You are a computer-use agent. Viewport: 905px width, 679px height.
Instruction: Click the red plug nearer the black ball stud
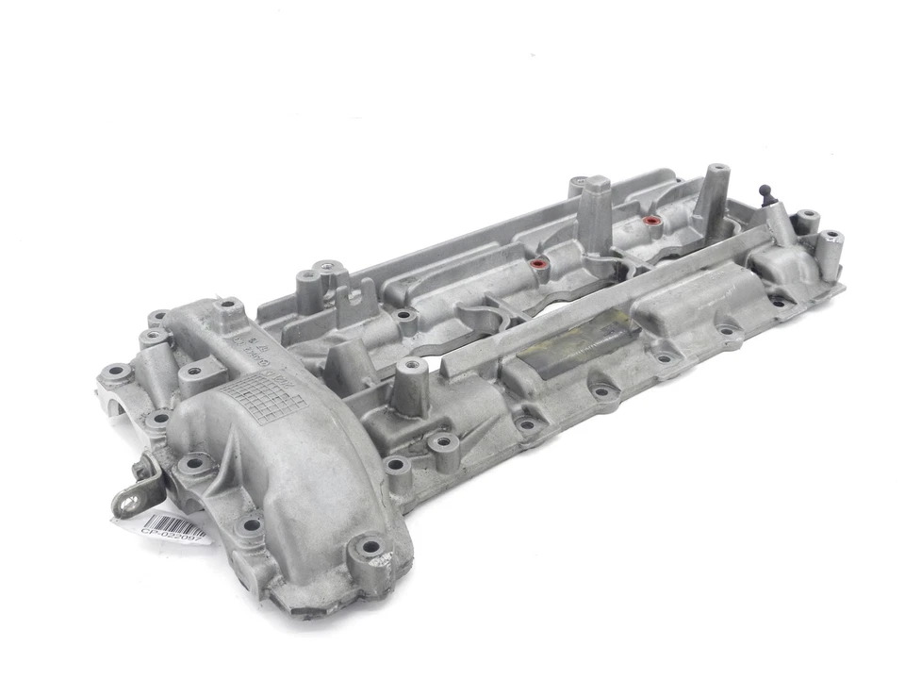pos(649,224)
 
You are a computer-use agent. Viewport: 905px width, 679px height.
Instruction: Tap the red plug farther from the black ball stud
pos(539,265)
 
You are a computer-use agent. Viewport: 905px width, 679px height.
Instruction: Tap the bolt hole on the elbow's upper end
pos(226,307)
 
